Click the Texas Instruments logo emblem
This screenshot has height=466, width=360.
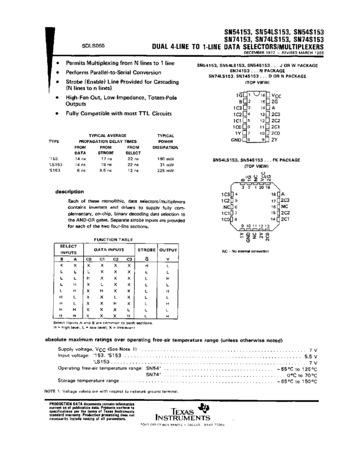pyautogui.click(x=205, y=407)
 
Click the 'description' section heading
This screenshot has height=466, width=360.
pyautogui.click(x=70, y=191)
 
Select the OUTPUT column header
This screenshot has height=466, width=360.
pyautogui.click(x=168, y=249)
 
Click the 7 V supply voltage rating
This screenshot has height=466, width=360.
pyautogui.click(x=313, y=349)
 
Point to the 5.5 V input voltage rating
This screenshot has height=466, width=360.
pyautogui.click(x=310, y=356)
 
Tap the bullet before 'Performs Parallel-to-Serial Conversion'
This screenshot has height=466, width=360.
pyautogui.click(x=59, y=72)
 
